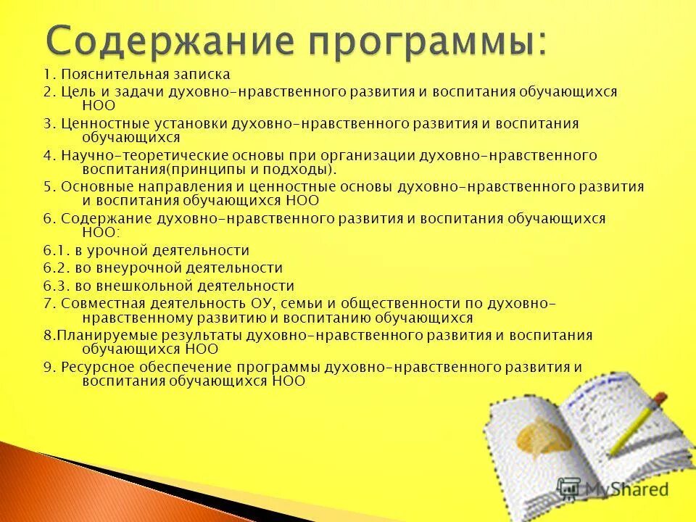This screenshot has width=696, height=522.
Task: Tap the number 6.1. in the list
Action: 55,250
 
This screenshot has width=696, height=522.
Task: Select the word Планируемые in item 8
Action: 99,335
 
